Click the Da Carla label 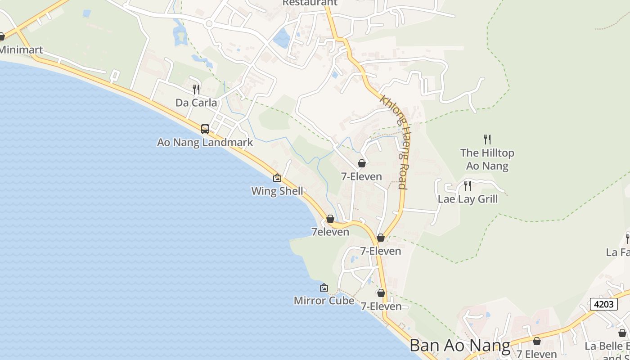[196, 103]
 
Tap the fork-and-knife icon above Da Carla [196, 90]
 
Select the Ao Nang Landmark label [205, 142]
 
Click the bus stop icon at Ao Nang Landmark [205, 129]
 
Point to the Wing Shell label [277, 191]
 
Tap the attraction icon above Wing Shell [277, 178]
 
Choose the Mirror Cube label [324, 300]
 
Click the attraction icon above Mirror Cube [324, 288]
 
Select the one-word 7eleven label [330, 232]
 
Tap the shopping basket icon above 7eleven [330, 219]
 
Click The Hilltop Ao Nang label [487, 159]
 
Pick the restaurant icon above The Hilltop [487, 139]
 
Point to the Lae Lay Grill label [468, 199]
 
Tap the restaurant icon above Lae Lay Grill [468, 185]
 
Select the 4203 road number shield [604, 304]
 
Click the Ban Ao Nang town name [460, 346]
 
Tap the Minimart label [21, 49]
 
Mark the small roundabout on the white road [208, 23]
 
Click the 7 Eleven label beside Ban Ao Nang [536, 354]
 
